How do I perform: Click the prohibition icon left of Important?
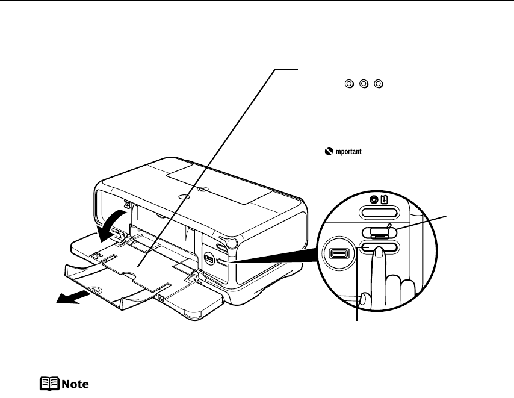coord(327,152)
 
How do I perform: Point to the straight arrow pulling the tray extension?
coord(72,299)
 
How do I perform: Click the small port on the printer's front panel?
coord(209,258)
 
